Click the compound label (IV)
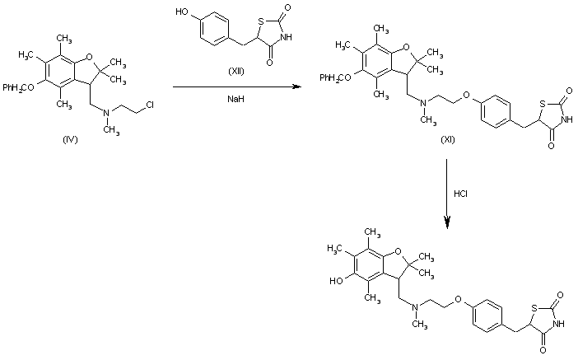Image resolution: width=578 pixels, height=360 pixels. point(70,139)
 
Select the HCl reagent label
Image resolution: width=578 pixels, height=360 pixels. point(462,194)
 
